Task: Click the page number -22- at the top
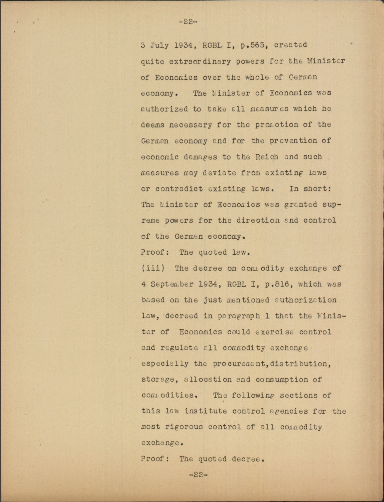pos(188,22)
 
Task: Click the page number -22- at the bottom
pos(198,474)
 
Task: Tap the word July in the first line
pos(159,45)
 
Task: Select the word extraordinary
pos(200,62)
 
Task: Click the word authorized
pos(164,109)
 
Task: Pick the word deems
pos(152,125)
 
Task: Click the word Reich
pos(267,157)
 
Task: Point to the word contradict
pos(179,189)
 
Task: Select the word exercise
pos(274,332)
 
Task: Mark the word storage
pos(158,380)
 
